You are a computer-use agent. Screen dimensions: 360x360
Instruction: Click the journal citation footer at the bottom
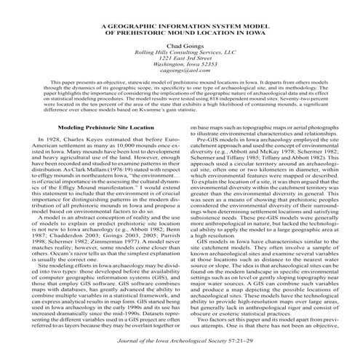[180, 351]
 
